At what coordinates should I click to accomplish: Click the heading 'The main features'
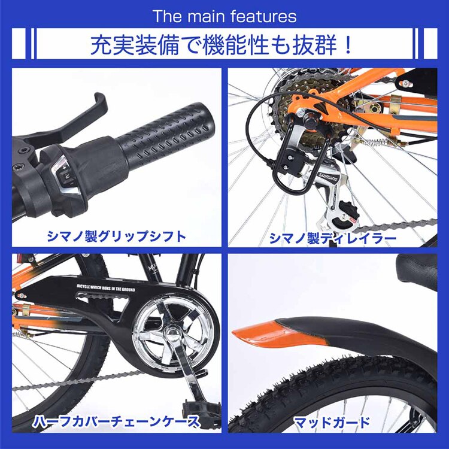pyautogui.click(x=224, y=16)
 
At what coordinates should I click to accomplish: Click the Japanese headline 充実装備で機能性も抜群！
pyautogui.click(x=224, y=45)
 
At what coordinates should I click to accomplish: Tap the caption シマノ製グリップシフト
pyautogui.click(x=116, y=237)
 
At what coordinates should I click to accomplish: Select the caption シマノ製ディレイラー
pyautogui.click(x=332, y=239)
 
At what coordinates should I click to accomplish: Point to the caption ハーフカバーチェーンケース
pyautogui.click(x=116, y=421)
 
